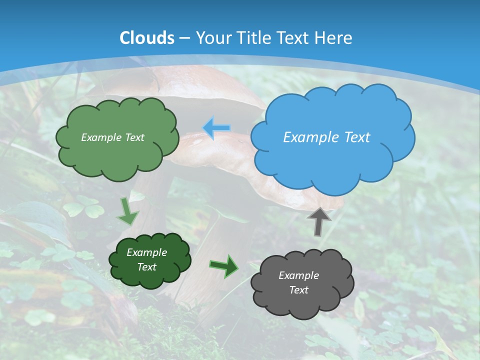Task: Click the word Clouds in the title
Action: [x=147, y=38]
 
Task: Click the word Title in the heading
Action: [x=252, y=38]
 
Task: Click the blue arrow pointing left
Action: [x=216, y=128]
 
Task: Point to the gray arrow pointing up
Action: [x=318, y=221]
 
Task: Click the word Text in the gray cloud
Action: [x=299, y=290]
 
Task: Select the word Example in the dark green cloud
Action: [x=147, y=252]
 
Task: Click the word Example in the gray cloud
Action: [x=299, y=275]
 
